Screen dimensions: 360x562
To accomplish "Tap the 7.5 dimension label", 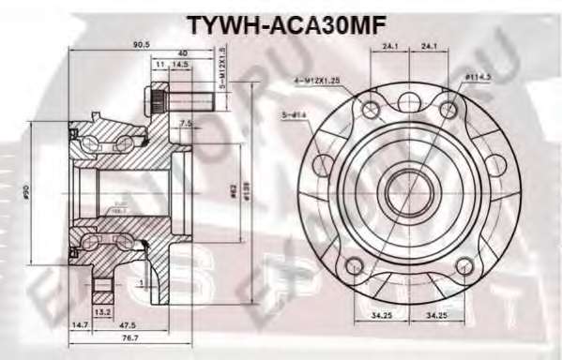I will click(186, 122).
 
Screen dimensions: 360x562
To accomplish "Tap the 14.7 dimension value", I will click(83, 324).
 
